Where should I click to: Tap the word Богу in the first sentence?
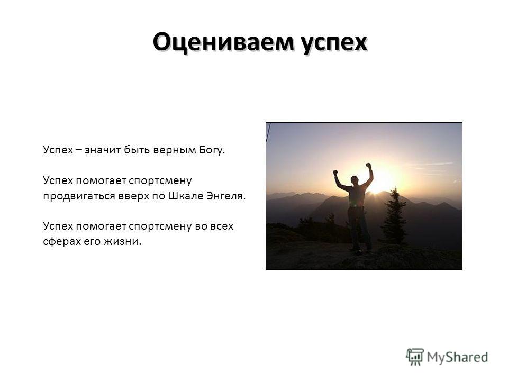click(212, 150)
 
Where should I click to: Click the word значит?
click(103, 150)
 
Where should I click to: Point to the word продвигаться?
click(79, 196)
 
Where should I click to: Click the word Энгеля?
click(226, 196)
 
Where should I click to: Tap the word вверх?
click(133, 196)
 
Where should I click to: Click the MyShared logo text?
click(457, 357)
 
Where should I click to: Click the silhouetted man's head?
click(355, 180)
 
